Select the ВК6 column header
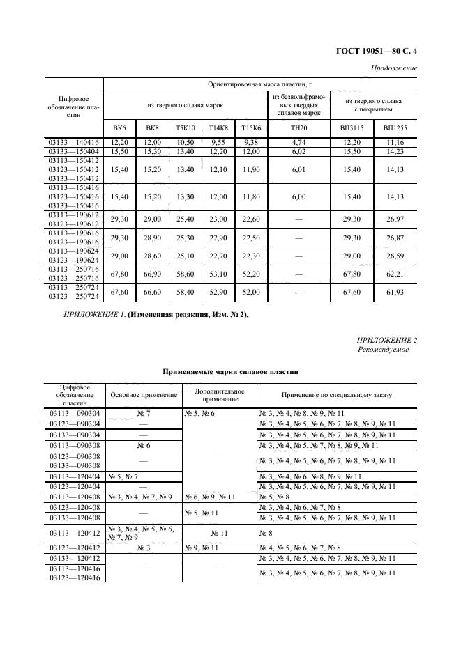[x=119, y=128]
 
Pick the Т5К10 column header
[x=184, y=128]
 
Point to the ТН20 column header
[x=298, y=128]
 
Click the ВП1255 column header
[x=395, y=128]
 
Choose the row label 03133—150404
[x=73, y=151]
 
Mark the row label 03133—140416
[x=73, y=141]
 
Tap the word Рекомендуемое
[x=383, y=350]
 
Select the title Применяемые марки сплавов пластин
[x=230, y=373]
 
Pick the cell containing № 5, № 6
[x=199, y=413]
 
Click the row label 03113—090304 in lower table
[x=74, y=413]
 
